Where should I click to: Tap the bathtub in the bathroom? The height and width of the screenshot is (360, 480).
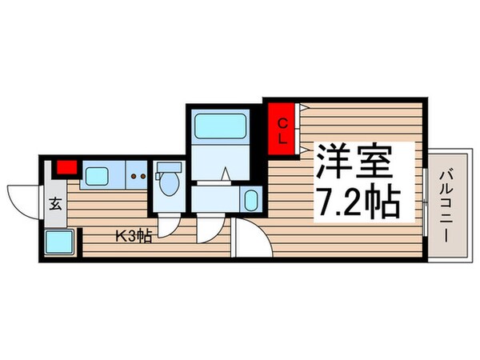coord(218,126)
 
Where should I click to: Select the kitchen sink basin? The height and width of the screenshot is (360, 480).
coord(98,174)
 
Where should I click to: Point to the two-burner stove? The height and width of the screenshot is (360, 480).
coord(137,174)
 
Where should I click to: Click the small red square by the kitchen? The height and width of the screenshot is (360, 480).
coord(66,169)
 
